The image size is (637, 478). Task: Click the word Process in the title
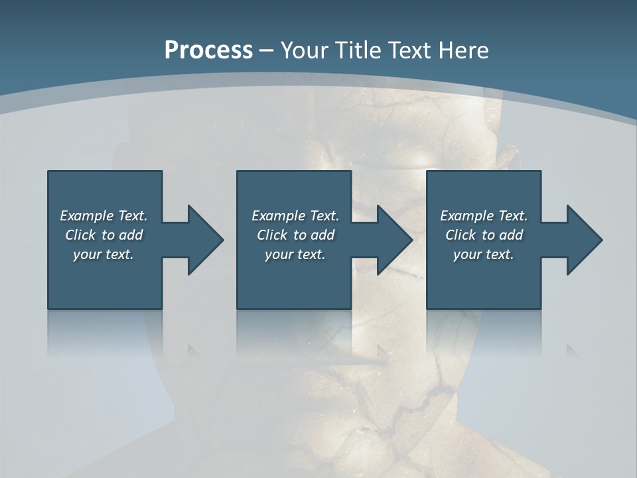[208, 50]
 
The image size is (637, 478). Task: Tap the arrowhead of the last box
[583, 240]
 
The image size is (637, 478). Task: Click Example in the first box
[87, 216]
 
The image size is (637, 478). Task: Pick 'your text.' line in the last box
[483, 254]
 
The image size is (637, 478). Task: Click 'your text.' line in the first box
[104, 254]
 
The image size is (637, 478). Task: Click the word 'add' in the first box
[131, 235]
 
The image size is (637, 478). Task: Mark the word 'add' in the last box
[511, 235]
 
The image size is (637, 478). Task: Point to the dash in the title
[266, 50]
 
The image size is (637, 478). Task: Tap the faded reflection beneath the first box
[105, 332]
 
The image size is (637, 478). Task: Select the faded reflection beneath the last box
[483, 332]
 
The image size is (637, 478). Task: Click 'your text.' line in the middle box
[295, 254]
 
